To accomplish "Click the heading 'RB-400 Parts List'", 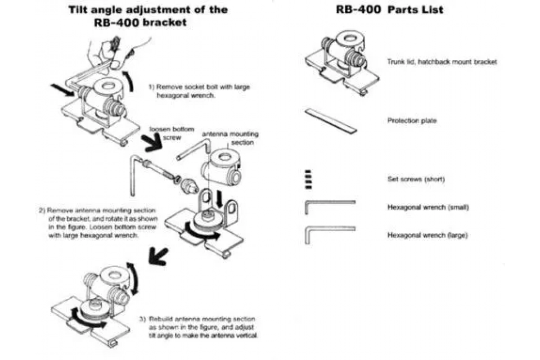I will tap(389, 9).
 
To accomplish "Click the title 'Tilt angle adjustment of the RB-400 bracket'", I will tap(148, 15).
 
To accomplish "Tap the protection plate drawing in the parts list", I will tap(331, 121).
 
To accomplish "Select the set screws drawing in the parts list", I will tap(308, 179).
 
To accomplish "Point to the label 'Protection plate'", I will tap(412, 121).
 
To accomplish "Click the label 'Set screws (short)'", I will tap(416, 179).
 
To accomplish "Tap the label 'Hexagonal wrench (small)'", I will tap(428, 207).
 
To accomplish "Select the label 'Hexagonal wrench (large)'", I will tap(428, 235).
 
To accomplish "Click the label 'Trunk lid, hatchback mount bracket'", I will tap(442, 62).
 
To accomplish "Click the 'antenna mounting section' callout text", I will tap(230, 138).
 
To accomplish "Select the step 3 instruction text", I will tap(198, 328).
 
